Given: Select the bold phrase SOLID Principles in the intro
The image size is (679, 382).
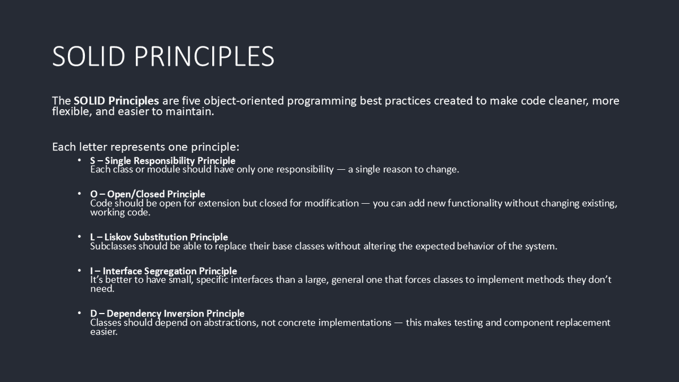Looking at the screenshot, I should click(x=116, y=101).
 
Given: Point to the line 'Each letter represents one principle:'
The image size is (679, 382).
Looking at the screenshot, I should click(x=145, y=147).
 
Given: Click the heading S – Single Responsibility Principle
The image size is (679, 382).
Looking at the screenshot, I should click(x=162, y=161).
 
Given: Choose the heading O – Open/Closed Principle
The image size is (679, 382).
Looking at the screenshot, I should click(x=147, y=194).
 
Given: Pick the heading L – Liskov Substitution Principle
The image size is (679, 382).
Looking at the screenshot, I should click(x=158, y=237).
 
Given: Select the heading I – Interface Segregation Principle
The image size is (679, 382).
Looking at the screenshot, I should click(x=163, y=271).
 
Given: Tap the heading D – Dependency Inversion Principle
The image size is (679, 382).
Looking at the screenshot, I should click(x=167, y=313).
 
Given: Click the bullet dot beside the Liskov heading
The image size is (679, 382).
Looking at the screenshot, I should click(x=80, y=236).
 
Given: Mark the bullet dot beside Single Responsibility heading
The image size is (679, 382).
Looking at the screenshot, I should click(x=80, y=160).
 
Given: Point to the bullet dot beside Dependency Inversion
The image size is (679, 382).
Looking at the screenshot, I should click(x=80, y=312).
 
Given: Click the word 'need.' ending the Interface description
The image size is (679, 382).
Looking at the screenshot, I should click(x=102, y=289).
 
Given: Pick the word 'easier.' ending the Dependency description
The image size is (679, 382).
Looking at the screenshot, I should click(x=104, y=332).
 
